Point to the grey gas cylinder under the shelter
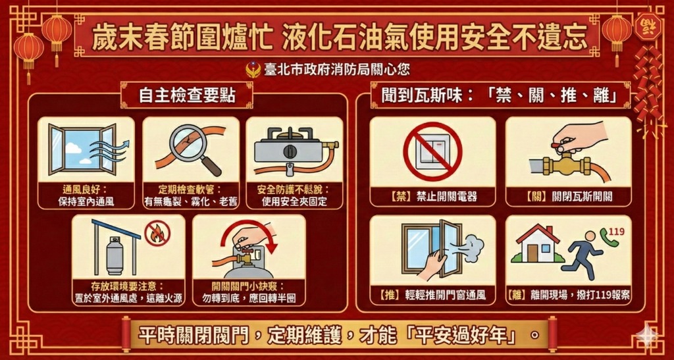pyautogui.click(x=115, y=255)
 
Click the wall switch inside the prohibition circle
pyautogui.click(x=432, y=151)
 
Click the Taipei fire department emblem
pyautogui.click(x=253, y=69)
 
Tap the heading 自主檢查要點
pyautogui.click(x=187, y=96)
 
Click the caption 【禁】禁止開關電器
pyautogui.click(x=432, y=197)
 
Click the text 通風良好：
pyautogui.click(x=86, y=190)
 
